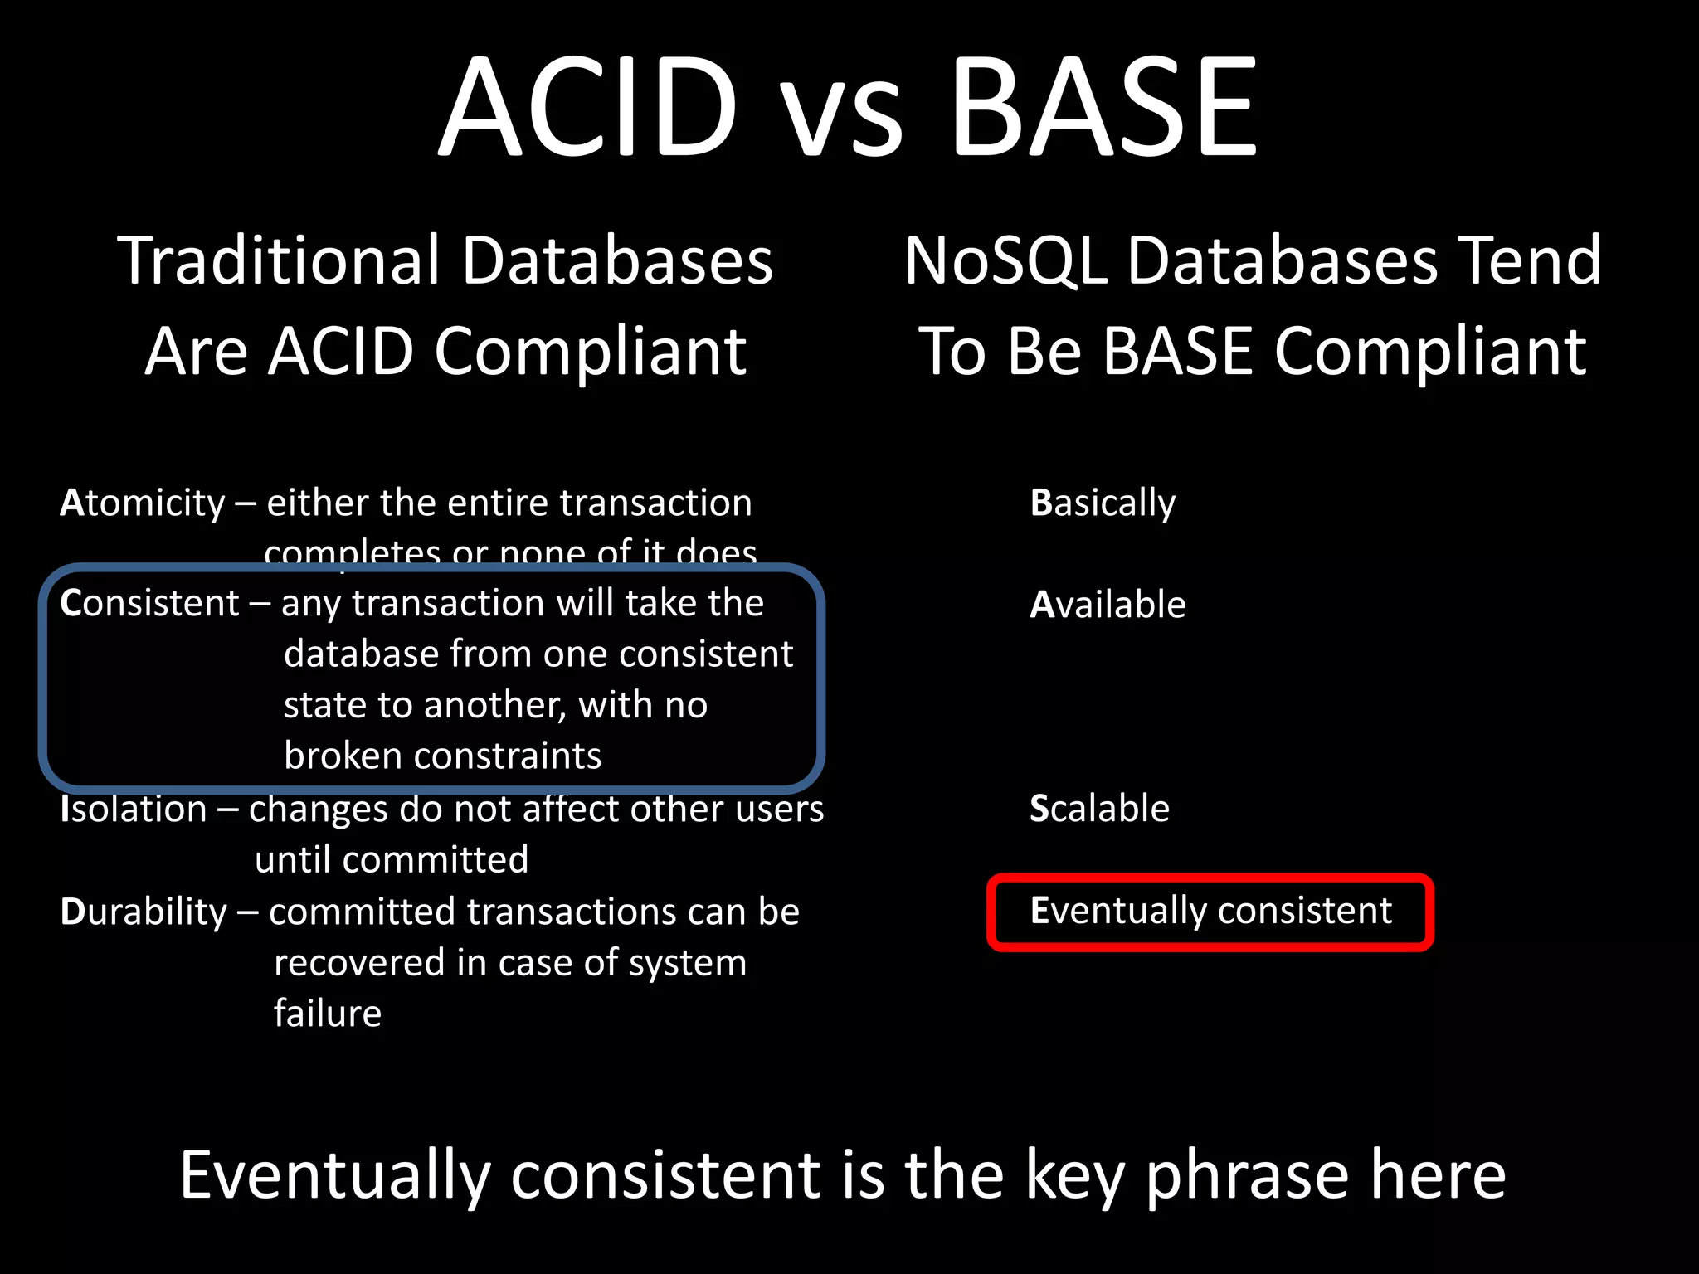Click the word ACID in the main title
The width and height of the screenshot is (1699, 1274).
tap(588, 106)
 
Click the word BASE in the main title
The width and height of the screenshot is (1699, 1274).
tap(1103, 106)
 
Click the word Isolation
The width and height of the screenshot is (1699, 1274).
tap(134, 809)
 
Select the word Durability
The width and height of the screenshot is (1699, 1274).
tap(144, 912)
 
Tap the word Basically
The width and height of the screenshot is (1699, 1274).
tap(1103, 503)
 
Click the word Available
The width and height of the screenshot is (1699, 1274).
tap(1108, 605)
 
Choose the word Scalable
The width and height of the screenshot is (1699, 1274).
tap(1099, 809)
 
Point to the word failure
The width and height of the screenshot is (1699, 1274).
tap(328, 1014)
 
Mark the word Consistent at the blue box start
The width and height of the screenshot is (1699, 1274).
tap(149, 603)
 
